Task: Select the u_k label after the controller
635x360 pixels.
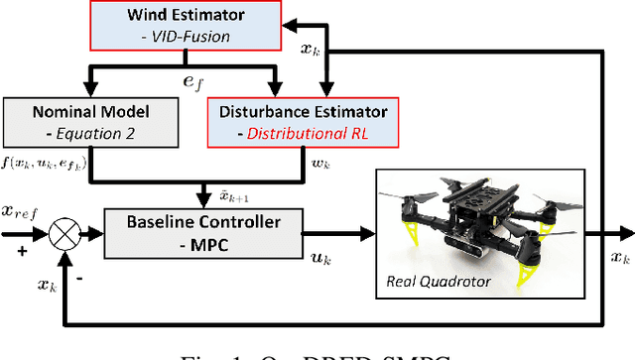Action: (x=322, y=258)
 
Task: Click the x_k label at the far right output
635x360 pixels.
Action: (x=618, y=258)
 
